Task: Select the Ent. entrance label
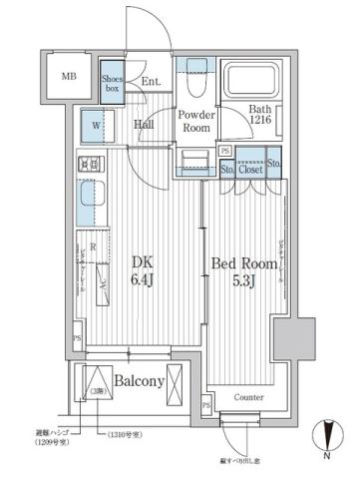(x=151, y=82)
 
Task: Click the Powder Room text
(x=197, y=122)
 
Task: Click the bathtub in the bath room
(x=256, y=80)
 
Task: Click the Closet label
(x=250, y=170)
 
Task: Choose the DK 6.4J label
(x=144, y=269)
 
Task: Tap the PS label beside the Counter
(x=206, y=405)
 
